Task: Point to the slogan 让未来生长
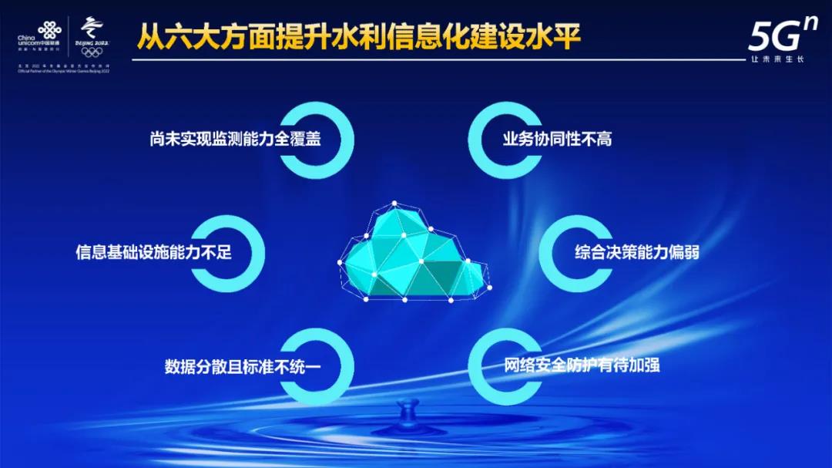coord(777,59)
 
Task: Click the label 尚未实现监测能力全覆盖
coord(235,140)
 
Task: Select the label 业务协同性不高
coord(557,140)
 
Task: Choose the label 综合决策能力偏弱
coord(637,252)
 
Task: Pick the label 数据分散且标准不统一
coord(242,365)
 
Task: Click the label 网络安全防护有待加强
coord(582,364)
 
